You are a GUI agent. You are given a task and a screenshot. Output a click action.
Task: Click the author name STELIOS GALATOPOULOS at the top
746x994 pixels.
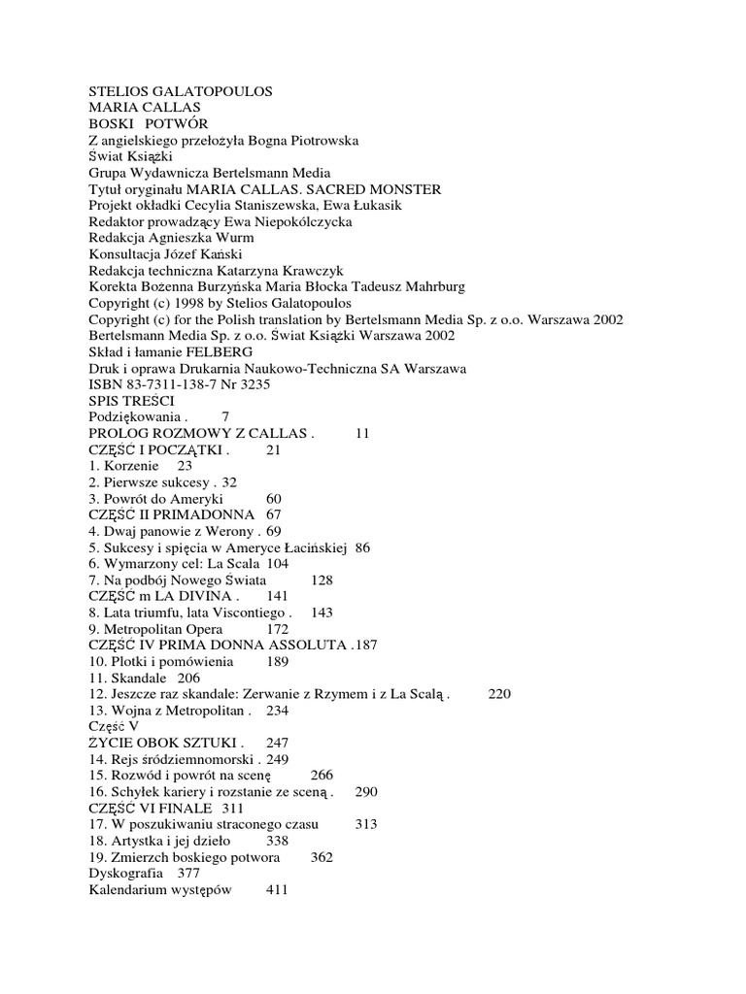(x=181, y=91)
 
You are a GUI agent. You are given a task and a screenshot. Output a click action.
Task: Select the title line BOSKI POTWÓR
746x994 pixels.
(x=148, y=124)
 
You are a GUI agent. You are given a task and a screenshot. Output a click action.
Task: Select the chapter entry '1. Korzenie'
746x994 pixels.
(x=121, y=466)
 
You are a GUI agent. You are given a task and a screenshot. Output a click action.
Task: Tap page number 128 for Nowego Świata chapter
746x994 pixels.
(x=322, y=580)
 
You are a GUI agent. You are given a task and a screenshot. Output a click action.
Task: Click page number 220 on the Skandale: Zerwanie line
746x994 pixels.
(x=498, y=694)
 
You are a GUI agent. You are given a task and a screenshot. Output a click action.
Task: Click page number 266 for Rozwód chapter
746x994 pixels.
(x=322, y=776)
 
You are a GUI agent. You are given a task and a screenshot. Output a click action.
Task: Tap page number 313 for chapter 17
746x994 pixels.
(x=365, y=824)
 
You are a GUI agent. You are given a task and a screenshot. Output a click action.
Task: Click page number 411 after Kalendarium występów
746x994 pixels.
(x=279, y=890)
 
